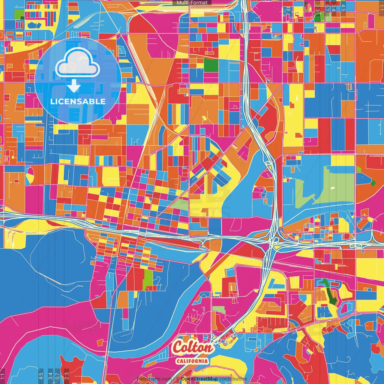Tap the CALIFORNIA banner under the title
pos(192,361)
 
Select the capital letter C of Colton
pos(179,347)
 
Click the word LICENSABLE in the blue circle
pos(78,101)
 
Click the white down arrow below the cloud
pos(74,86)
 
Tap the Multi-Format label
pos(192,3)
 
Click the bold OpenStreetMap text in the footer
pos(199,379)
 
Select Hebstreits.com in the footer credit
pos(154,379)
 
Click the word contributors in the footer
pos(233,379)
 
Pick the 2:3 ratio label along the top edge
pos(317,7)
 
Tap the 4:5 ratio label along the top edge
pos(343,7)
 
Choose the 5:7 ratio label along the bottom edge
pos(58,376)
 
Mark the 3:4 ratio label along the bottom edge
pos(50,376)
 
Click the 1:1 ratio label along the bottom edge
pos(2,376)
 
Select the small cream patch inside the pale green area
pos(332,188)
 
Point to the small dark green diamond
pos(373,182)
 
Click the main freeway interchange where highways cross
pos(273,240)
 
